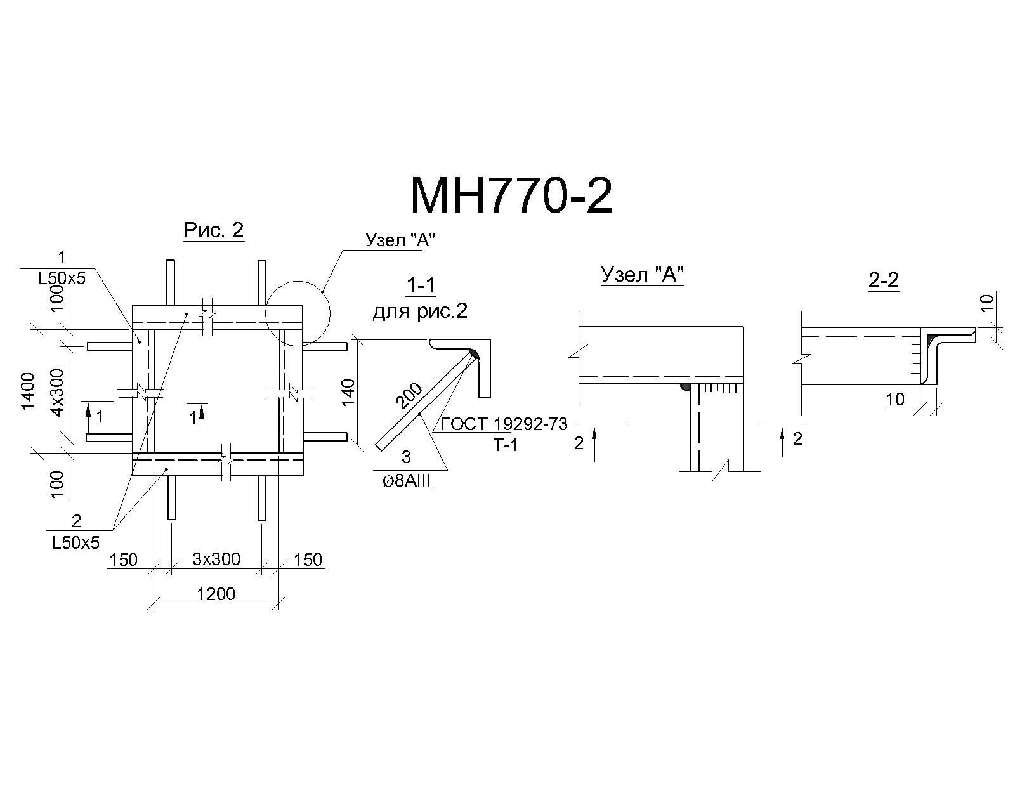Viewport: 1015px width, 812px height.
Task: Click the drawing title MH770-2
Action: tap(511, 196)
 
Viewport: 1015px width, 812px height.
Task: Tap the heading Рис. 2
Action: tap(214, 230)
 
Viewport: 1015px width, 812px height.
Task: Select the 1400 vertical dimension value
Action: tap(28, 391)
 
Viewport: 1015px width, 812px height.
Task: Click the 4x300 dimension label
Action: tap(57, 392)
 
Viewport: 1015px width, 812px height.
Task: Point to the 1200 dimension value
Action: tap(216, 594)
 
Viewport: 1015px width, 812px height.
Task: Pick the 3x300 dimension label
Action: tap(216, 559)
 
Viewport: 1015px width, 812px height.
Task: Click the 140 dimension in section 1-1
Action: tap(348, 391)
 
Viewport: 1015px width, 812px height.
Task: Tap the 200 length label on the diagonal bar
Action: tap(409, 395)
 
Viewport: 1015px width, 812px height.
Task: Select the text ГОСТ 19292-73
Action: tap(504, 424)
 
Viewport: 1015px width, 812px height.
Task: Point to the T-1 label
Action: tap(506, 445)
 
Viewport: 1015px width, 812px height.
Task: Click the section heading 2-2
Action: tap(884, 280)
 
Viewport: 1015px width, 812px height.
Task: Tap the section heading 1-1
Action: tap(421, 285)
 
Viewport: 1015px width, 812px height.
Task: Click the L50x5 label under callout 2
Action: tap(75, 543)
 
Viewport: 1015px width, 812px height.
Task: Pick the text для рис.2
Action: tap(420, 311)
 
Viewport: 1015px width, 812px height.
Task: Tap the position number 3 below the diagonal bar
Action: tap(406, 457)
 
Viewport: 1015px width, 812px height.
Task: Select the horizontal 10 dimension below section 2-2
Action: tap(895, 400)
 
